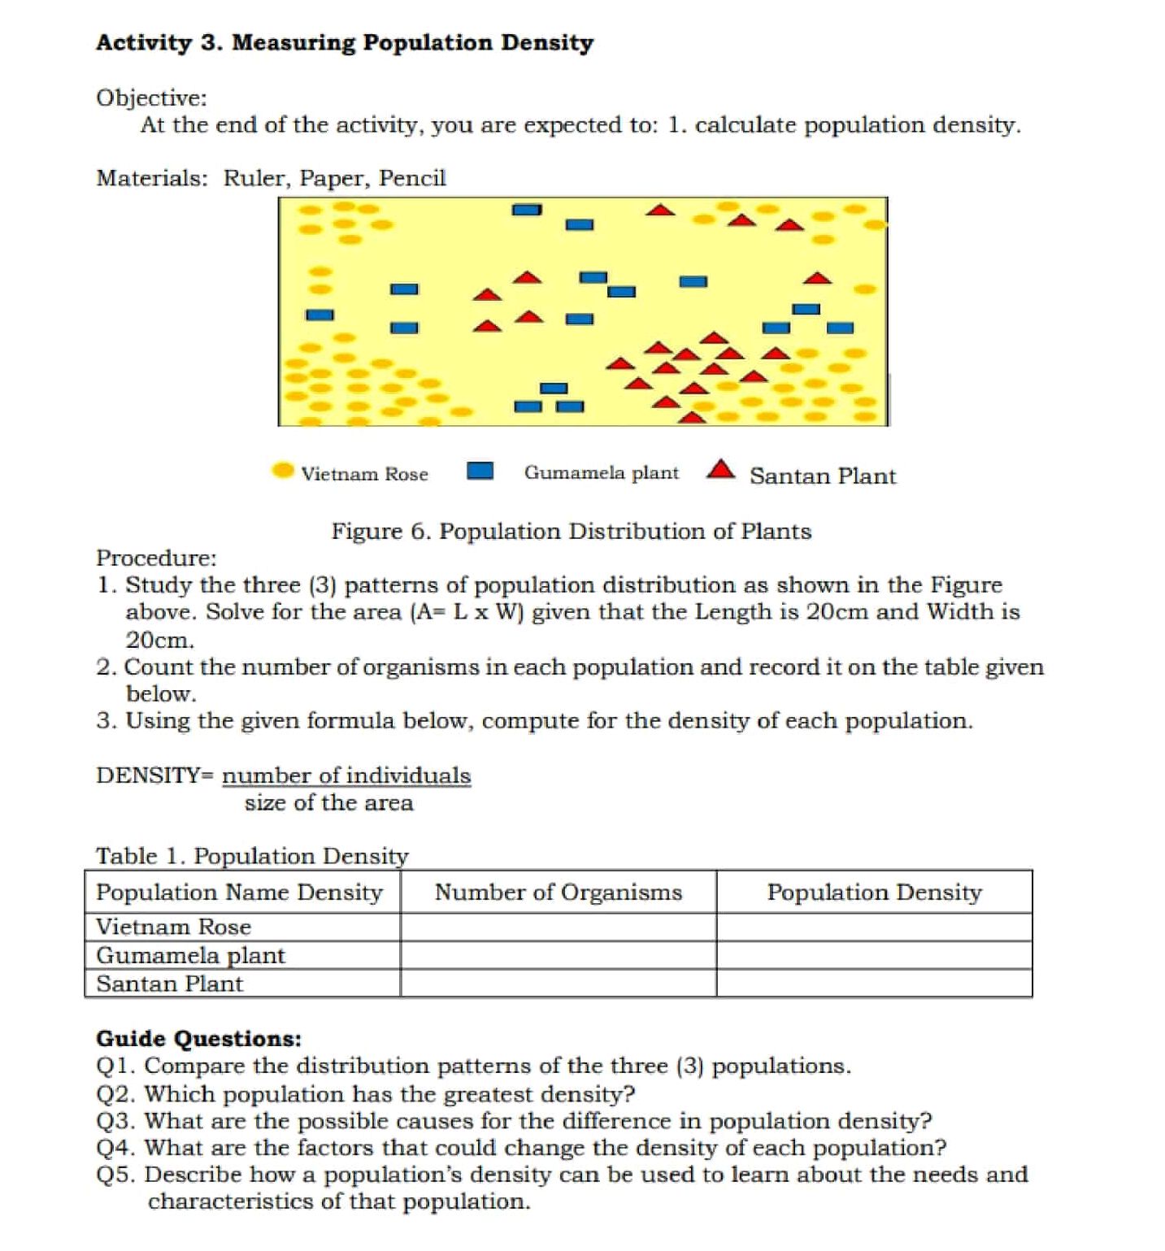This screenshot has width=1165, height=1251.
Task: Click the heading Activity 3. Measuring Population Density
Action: (345, 42)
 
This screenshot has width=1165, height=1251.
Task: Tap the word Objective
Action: (150, 98)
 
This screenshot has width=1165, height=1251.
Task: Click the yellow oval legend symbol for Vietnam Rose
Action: (282, 471)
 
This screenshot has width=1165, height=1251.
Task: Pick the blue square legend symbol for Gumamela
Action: (480, 471)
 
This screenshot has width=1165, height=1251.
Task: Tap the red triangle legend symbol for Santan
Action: (720, 470)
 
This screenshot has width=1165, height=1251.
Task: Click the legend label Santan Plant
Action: (822, 476)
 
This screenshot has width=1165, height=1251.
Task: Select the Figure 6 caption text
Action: (571, 531)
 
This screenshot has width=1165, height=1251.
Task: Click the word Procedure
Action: (155, 558)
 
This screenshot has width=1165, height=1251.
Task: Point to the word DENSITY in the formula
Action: (147, 775)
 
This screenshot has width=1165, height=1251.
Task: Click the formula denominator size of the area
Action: (328, 803)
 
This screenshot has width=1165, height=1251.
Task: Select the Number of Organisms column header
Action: (558, 892)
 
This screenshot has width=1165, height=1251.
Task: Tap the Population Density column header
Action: (874, 892)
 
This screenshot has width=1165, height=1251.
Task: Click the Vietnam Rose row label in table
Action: (173, 927)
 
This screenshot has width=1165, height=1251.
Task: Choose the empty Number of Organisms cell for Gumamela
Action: (558, 955)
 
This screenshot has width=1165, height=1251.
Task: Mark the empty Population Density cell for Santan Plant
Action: (874, 984)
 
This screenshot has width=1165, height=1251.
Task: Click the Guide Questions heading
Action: (198, 1038)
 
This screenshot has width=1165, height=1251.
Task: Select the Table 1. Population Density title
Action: (252, 856)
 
